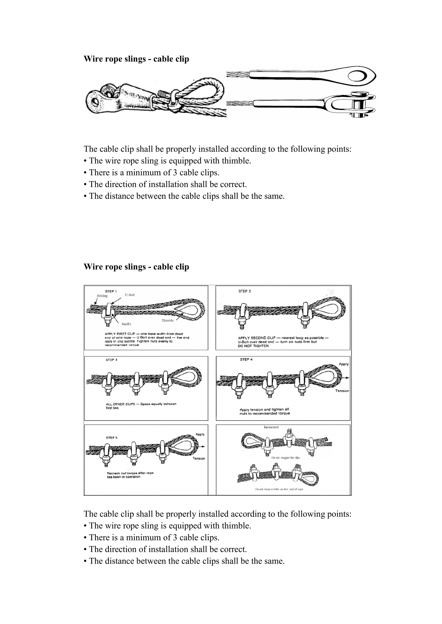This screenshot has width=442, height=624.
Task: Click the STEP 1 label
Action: pyautogui.click(x=111, y=291)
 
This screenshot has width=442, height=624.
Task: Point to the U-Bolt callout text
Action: pyautogui.click(x=130, y=295)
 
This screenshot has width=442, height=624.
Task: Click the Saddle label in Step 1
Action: pyautogui.click(x=126, y=324)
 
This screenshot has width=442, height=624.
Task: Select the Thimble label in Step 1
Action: pyautogui.click(x=167, y=321)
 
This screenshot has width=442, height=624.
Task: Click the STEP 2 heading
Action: pyautogui.click(x=244, y=291)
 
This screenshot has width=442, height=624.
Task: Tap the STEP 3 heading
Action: pyautogui.click(x=111, y=360)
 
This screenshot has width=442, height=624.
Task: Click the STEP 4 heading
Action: pyautogui.click(x=246, y=360)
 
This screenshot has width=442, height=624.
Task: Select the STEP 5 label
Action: pyautogui.click(x=112, y=438)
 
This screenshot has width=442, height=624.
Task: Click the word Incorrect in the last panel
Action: pyautogui.click(x=271, y=427)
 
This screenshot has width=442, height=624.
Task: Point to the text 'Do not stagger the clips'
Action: pyautogui.click(x=286, y=458)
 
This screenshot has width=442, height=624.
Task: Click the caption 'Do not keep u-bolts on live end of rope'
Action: pyautogui.click(x=279, y=489)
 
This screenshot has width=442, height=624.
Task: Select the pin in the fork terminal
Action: pyautogui.click(x=358, y=105)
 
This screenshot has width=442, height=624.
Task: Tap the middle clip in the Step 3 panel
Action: pyautogui.click(x=135, y=384)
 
